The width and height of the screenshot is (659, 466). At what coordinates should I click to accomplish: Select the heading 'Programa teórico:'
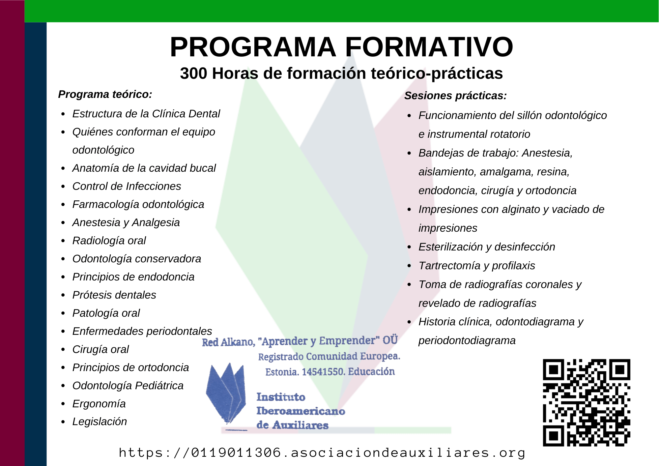tap(105, 95)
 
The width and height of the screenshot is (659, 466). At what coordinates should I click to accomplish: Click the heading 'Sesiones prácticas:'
tap(455, 96)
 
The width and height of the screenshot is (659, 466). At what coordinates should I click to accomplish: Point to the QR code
tap(587, 402)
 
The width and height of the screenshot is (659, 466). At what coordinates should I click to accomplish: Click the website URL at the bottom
tap(322, 452)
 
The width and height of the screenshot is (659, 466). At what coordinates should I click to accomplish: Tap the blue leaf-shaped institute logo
tap(226, 393)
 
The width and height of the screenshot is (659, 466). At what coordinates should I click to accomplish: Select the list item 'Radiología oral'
tap(109, 241)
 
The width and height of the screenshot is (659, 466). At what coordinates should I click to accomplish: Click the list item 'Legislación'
tap(100, 422)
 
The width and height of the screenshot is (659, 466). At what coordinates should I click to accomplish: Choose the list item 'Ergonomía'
tap(99, 404)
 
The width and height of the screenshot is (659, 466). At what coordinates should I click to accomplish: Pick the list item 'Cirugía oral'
tap(100, 349)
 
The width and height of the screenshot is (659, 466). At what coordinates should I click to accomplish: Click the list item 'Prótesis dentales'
tap(114, 295)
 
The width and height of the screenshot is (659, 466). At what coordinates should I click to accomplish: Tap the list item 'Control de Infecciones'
tap(127, 186)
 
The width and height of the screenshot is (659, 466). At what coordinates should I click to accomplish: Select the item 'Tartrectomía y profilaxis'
tap(477, 266)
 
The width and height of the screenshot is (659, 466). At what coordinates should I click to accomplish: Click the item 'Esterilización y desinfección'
tap(487, 247)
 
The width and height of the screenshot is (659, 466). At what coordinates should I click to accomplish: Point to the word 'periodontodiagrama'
tap(467, 340)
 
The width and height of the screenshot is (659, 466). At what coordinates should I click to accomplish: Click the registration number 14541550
tap(323, 372)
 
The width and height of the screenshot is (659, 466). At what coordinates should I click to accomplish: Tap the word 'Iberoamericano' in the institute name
tap(301, 411)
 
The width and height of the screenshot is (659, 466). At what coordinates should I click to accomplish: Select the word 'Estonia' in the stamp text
tap(282, 372)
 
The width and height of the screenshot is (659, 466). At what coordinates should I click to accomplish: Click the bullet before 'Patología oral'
tap(63, 313)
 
